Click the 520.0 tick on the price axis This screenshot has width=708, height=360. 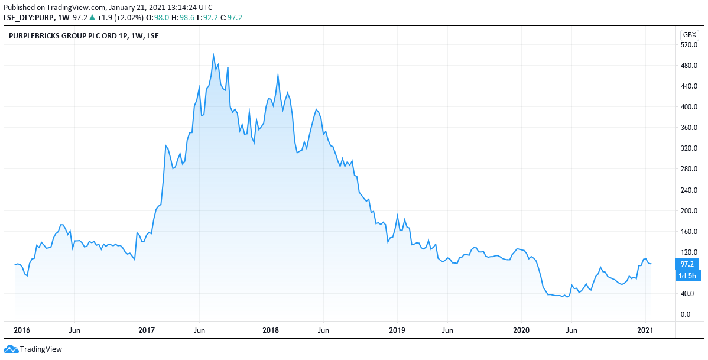coord(690,45)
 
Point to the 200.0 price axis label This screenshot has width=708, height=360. coord(690,211)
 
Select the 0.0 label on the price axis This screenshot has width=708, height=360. coord(686,314)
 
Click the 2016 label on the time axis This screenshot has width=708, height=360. coord(21,329)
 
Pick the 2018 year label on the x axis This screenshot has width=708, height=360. coord(271,329)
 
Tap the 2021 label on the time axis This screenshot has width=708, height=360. coord(645,329)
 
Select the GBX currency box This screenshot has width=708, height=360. coord(689,34)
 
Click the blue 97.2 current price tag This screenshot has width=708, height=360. coord(687,264)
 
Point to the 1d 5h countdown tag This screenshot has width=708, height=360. coord(687,276)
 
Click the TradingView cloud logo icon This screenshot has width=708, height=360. coord(11,349)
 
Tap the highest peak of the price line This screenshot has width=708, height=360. coord(213,54)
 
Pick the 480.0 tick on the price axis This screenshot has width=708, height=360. coord(690,66)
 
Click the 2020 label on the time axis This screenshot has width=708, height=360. coord(521,329)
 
